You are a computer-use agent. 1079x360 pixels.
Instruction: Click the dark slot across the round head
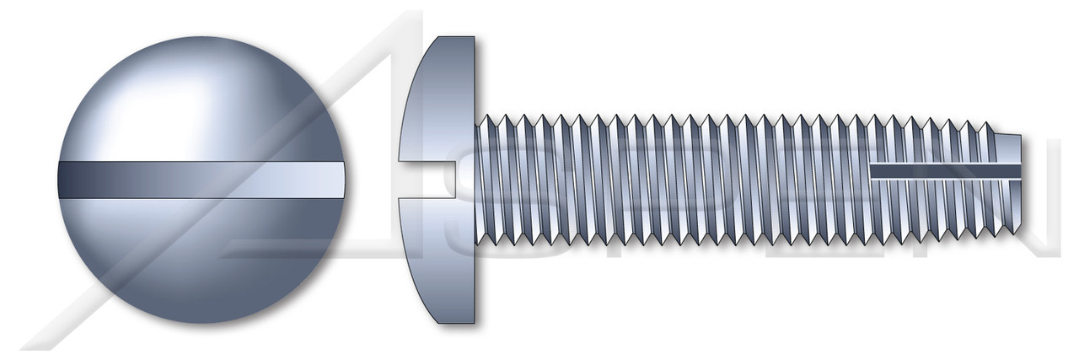point(202,179)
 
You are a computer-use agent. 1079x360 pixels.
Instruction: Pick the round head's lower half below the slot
point(202,261)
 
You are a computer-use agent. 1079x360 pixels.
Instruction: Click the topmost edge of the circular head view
point(202,36)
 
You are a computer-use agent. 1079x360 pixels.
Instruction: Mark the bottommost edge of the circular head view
point(202,322)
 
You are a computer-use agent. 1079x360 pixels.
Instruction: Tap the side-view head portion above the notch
point(443,101)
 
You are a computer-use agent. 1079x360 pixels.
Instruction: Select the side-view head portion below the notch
point(443,253)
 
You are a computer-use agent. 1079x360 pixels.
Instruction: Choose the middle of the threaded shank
point(725,179)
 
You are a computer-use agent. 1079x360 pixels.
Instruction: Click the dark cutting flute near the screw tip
point(944,171)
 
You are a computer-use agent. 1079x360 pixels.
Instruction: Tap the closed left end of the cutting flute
point(873,171)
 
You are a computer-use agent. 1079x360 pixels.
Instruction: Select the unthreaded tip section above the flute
point(1007,149)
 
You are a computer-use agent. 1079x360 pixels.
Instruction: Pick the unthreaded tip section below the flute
point(1007,196)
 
